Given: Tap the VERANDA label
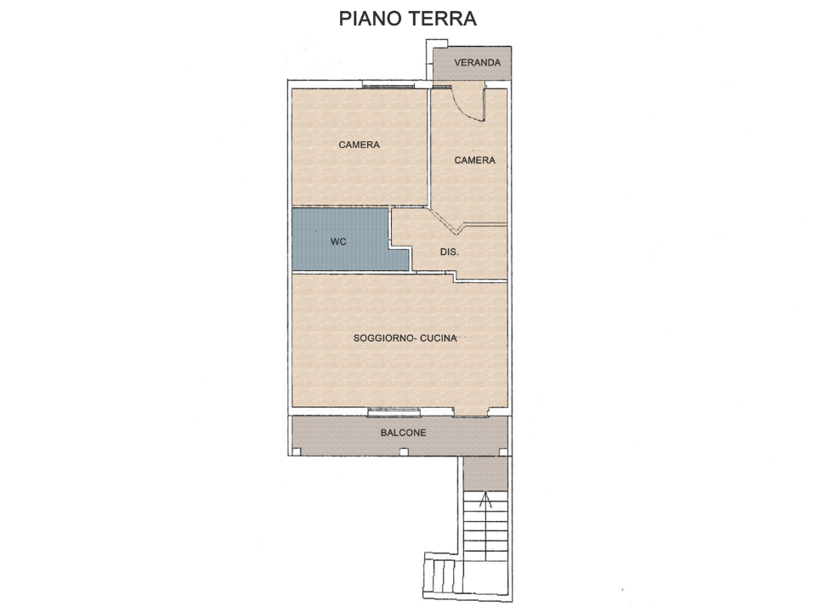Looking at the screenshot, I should tap(477, 63).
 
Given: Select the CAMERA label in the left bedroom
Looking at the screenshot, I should tap(359, 144).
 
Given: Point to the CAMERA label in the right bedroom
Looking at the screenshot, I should tap(474, 160).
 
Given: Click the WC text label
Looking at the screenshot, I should tap(338, 241).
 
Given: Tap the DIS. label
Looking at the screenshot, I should tap(450, 252).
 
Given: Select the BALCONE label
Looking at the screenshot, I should tap(404, 433).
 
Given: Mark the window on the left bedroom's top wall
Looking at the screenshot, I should tap(388, 85).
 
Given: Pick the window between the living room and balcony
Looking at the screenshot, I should tap(394, 412).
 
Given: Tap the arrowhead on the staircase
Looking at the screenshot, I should tap(486, 500).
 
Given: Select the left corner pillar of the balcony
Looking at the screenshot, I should tap(297, 451).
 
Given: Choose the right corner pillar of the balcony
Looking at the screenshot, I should tap(503, 451).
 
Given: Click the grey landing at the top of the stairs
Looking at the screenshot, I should tap(486, 473).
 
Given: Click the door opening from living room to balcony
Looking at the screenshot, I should tap(471, 414).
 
